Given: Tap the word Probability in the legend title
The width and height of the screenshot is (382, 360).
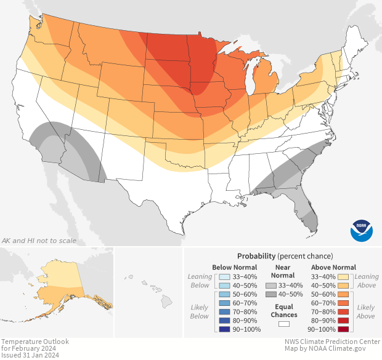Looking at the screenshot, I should point(257,256).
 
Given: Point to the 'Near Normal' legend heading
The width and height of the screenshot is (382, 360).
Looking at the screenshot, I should point(283,271).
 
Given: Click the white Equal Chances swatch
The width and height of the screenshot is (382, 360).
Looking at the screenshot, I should point(283,323).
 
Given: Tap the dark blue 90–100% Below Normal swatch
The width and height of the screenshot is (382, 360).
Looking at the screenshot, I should point(224,330).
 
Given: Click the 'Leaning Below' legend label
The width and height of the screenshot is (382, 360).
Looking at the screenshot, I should point(199,281).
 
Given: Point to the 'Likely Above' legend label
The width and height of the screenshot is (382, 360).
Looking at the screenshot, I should point(366,312).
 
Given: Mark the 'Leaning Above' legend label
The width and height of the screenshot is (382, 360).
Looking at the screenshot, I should point(367,281).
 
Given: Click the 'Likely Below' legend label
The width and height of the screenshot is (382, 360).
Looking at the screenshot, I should point(199,312).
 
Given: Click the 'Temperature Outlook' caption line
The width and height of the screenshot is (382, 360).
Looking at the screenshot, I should point(35,342).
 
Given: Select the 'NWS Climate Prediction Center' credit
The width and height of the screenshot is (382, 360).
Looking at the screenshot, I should point(332,342).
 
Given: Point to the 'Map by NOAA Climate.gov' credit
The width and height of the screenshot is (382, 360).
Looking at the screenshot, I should point(332,349).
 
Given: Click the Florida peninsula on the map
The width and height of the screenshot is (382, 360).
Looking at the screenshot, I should point(308,209).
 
